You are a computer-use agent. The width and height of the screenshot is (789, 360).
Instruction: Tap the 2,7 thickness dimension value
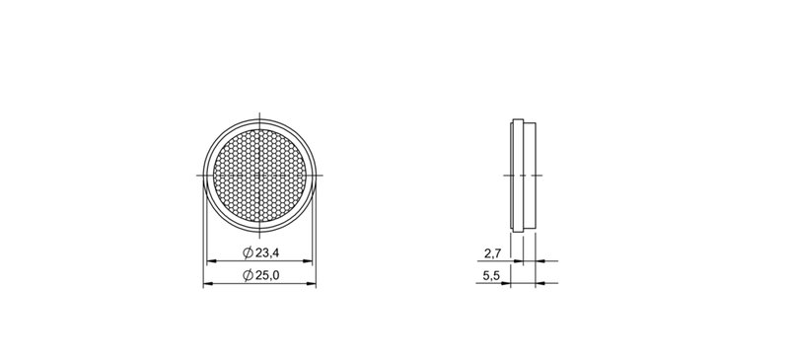click(x=492, y=253)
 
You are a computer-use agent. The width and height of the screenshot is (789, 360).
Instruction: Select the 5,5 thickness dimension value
click(x=491, y=276)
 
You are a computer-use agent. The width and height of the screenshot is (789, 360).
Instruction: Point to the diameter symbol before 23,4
click(x=248, y=252)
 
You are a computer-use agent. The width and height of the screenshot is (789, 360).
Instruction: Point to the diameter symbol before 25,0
click(x=248, y=275)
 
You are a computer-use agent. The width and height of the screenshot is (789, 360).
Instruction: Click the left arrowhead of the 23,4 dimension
click(x=211, y=260)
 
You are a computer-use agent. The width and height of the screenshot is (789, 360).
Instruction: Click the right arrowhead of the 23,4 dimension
click(x=308, y=260)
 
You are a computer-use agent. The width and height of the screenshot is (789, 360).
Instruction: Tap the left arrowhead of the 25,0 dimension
click(x=208, y=284)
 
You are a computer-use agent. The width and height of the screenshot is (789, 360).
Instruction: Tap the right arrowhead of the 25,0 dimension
click(x=312, y=284)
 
